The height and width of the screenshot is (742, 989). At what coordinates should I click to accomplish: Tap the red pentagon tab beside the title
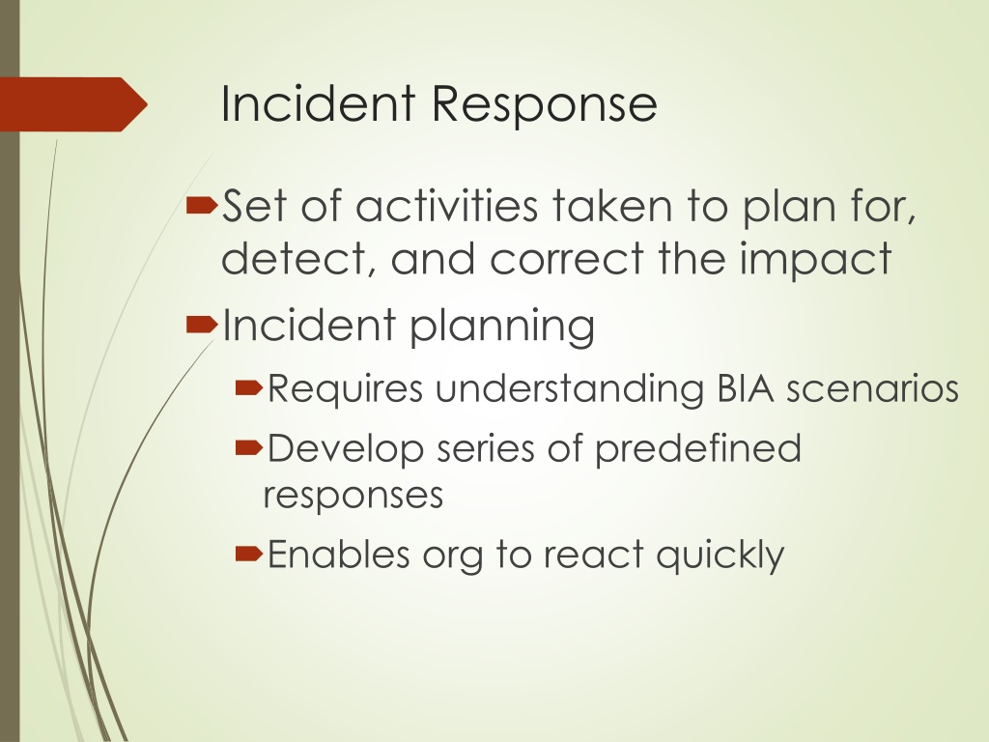point(71,104)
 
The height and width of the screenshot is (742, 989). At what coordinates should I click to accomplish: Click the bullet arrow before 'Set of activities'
point(201,205)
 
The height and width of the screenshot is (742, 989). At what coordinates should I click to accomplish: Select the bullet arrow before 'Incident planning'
point(201,327)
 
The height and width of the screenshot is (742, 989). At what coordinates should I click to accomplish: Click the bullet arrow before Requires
point(249,388)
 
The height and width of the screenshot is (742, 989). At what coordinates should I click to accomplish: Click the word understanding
point(568,389)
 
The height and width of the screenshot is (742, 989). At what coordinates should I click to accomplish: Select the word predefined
point(697,449)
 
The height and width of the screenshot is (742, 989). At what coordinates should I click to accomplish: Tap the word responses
point(353,496)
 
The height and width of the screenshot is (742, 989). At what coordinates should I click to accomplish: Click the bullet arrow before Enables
point(249,555)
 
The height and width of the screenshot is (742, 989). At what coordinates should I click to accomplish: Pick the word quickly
point(721,556)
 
